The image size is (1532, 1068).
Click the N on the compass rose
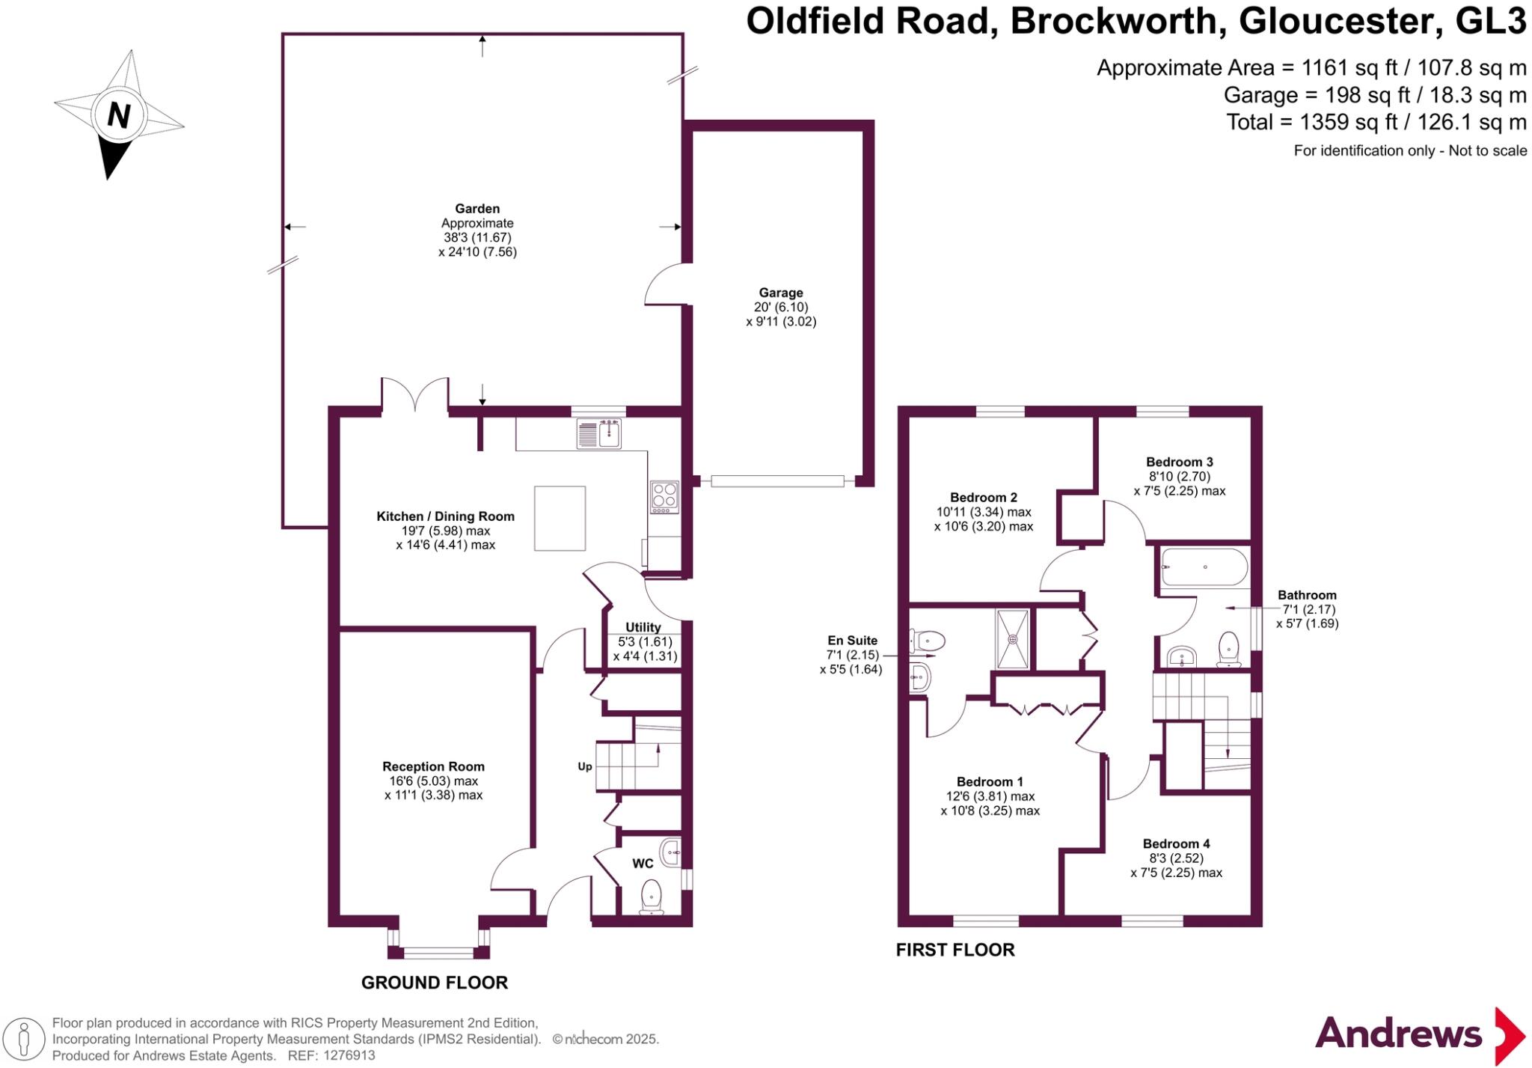coord(119,116)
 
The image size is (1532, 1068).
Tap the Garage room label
coord(781,293)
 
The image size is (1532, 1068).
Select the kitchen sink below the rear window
coord(598,434)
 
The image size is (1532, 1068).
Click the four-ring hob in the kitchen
coord(664,497)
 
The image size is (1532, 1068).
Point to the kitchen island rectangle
coord(560,518)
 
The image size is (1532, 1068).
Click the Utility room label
coord(643,627)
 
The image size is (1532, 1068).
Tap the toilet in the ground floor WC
coord(652,897)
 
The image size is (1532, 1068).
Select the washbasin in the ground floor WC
coord(670,852)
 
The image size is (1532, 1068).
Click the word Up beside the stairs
coord(585,766)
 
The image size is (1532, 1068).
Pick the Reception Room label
coord(433,766)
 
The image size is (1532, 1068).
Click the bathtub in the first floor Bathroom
coord(1204,567)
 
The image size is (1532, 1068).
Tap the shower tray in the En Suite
coord(1012,639)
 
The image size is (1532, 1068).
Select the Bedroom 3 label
coord(1180,462)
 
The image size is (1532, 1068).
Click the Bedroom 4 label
coord(1176,843)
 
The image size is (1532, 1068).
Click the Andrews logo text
coord(1398,1034)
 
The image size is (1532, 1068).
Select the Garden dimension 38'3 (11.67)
coord(477,237)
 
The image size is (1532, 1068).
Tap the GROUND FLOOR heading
coord(435,983)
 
